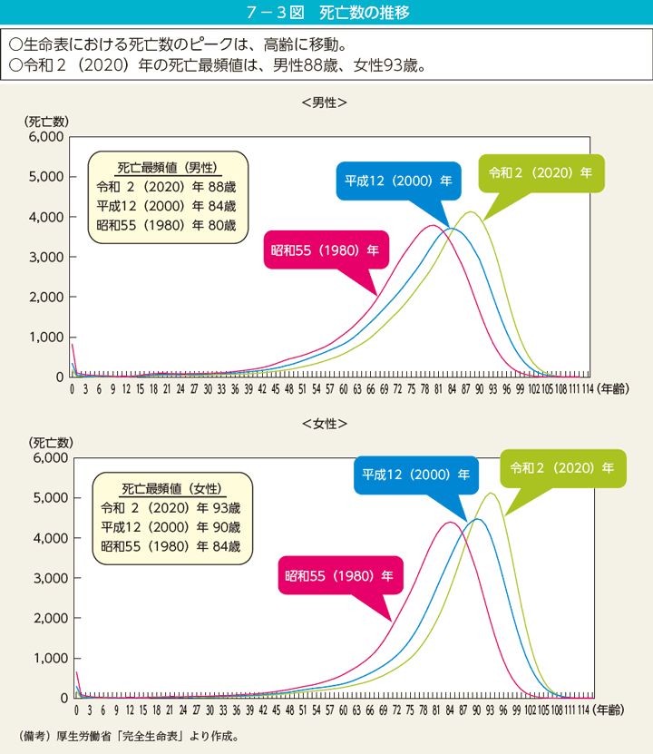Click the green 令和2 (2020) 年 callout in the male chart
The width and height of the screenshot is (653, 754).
(540, 171)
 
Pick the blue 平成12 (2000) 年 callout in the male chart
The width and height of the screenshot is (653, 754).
(398, 181)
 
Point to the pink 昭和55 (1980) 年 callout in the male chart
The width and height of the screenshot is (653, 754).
(324, 250)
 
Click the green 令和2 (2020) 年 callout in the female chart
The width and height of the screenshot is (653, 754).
(562, 468)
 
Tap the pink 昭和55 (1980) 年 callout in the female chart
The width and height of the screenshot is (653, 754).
(338, 575)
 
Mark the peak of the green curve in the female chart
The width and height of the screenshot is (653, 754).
(491, 493)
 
